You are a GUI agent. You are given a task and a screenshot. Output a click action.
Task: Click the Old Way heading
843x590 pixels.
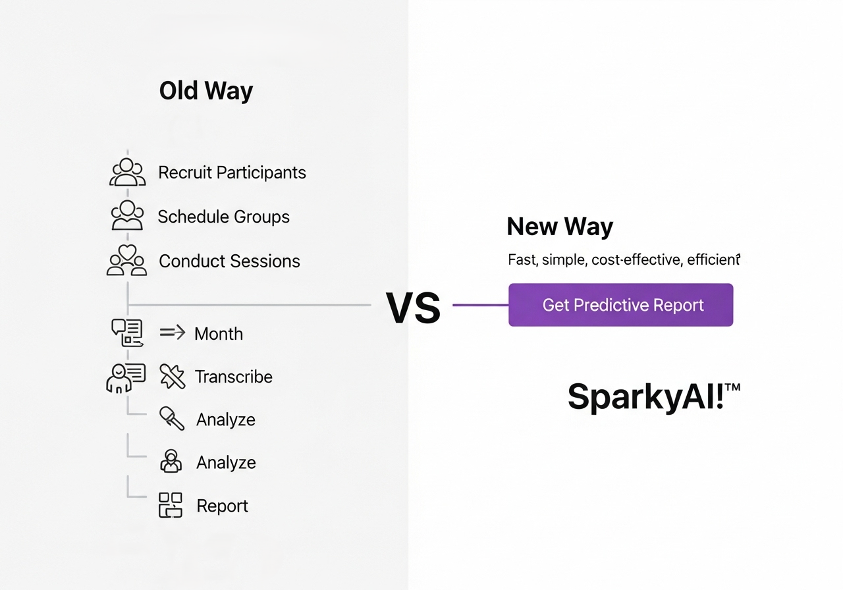coord(206,91)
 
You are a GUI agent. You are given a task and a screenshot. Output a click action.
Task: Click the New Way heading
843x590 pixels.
coord(560,227)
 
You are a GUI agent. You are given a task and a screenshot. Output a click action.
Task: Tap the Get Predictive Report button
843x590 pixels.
coord(620,305)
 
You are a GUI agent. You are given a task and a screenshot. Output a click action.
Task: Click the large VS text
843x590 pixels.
coord(413,308)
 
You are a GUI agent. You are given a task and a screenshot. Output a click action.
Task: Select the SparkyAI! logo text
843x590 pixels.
coord(646,397)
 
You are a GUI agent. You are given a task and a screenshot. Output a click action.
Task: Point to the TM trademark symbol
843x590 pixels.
coord(732,388)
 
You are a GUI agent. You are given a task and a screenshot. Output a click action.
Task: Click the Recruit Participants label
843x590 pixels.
coord(232,173)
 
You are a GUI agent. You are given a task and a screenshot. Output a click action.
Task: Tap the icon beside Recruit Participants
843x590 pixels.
coord(127,172)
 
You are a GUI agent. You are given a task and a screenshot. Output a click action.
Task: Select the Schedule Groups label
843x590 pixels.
coord(223,217)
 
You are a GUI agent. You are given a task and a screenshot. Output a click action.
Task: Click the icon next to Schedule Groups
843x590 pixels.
coord(127,215)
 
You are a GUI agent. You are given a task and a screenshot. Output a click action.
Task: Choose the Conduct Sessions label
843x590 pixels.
coord(229,261)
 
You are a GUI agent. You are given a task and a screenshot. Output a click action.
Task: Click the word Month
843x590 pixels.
coord(219,334)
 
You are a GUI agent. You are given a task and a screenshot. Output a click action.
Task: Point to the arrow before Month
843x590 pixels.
coord(173,333)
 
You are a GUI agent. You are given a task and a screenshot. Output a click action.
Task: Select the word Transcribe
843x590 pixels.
coord(233,377)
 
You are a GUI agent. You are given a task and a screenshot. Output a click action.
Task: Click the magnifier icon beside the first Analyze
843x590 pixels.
coord(172,418)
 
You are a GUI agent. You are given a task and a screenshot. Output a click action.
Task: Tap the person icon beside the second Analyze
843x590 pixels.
coord(171,461)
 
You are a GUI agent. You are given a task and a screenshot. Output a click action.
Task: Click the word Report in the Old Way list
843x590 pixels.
coord(222,506)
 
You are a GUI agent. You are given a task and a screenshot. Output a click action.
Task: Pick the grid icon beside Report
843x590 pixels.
coord(171,505)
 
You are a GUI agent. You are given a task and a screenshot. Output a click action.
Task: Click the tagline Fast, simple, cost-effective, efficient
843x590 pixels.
coord(624,259)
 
